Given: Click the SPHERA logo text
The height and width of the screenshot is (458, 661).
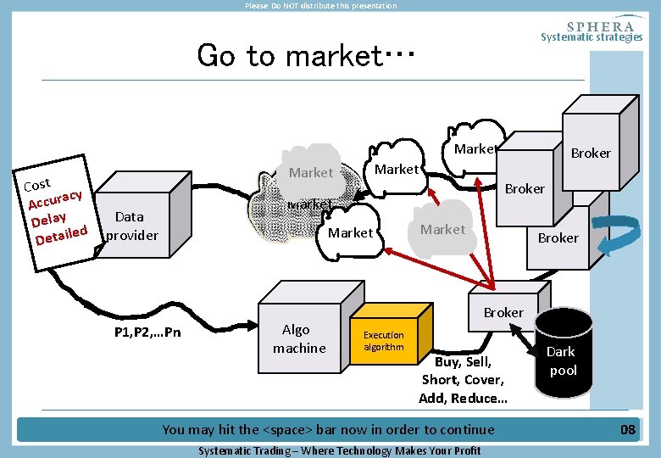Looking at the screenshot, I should (x=600, y=26).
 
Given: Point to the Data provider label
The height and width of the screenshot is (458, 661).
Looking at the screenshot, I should (x=131, y=226).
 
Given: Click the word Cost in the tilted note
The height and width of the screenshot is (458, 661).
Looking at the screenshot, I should (x=37, y=184).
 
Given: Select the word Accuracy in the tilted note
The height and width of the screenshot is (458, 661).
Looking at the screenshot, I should (x=54, y=199).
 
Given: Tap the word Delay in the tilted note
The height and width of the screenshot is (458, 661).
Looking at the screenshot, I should (x=49, y=219).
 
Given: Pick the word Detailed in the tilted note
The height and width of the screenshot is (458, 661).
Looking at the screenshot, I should (x=61, y=234).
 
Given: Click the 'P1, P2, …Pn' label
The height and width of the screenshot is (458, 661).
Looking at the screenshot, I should (x=147, y=332).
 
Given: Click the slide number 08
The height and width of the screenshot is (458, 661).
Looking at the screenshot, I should (x=627, y=429).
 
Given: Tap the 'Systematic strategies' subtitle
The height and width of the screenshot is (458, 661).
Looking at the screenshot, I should (x=592, y=37).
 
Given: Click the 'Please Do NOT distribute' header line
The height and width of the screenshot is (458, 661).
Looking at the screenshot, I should (x=320, y=6).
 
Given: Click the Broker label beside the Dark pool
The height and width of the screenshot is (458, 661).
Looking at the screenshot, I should (x=503, y=312).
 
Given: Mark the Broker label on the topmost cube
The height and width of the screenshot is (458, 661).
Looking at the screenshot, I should (x=591, y=154).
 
